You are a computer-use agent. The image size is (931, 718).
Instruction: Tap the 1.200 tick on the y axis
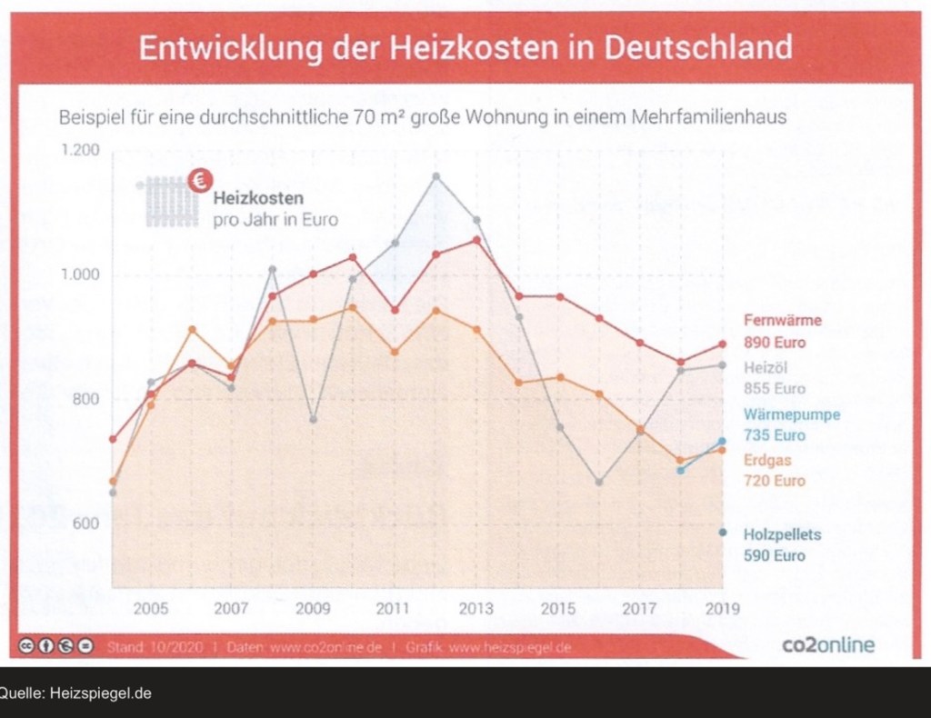[81, 149]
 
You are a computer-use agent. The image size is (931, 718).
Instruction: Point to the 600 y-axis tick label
[85, 524]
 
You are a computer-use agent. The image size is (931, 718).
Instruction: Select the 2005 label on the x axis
[151, 608]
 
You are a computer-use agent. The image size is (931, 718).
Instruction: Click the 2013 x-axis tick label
[476, 608]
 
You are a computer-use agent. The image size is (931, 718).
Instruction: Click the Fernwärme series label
[783, 320]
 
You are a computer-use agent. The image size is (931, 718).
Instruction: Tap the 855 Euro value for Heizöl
[775, 387]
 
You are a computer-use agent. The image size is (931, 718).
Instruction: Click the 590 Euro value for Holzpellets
[775, 555]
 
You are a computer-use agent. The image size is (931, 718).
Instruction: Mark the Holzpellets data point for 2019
[723, 532]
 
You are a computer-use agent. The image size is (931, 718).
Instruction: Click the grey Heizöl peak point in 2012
[435, 176]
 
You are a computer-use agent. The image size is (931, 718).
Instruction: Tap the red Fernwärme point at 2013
[476, 240]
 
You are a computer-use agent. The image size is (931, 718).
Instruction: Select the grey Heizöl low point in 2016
[599, 482]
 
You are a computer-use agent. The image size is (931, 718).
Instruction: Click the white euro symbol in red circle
[198, 181]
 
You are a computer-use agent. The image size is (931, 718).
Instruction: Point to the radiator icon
[165, 202]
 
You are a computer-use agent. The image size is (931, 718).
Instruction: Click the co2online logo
[828, 644]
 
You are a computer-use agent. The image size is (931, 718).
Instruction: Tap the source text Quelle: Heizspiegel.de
[76, 693]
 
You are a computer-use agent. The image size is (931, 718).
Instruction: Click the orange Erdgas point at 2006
[191, 329]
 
